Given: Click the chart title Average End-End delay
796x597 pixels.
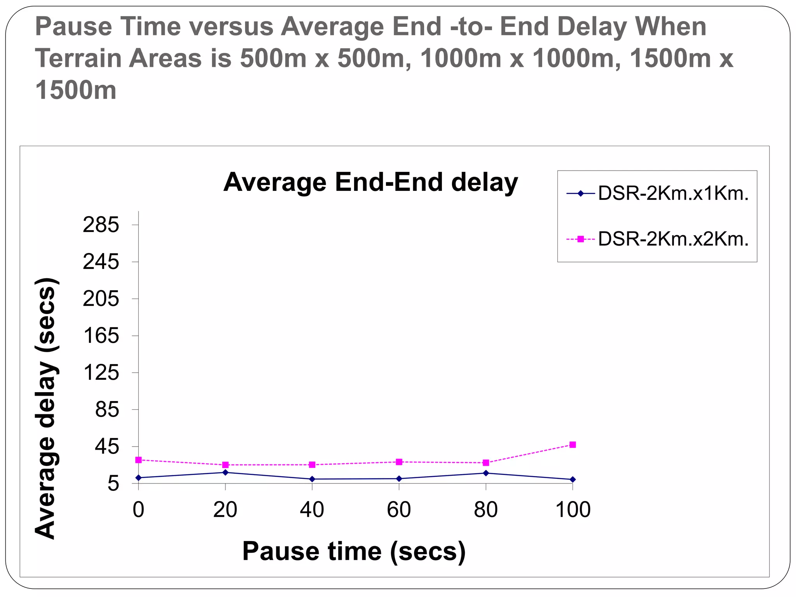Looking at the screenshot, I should pyautogui.click(x=370, y=182).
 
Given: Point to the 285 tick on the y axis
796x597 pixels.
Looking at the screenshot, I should pyautogui.click(x=101, y=225).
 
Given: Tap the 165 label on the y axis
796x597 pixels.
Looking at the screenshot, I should pyautogui.click(x=101, y=336).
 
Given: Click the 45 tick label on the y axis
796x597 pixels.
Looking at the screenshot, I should pyautogui.click(x=107, y=447).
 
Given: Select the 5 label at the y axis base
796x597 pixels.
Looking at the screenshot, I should pyautogui.click(x=113, y=484).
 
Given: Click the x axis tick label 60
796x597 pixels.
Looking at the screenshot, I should pyautogui.click(x=399, y=510).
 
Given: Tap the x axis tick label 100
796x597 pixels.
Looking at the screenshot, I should pyautogui.click(x=573, y=510).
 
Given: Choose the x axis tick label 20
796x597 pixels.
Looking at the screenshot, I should pyautogui.click(x=225, y=510).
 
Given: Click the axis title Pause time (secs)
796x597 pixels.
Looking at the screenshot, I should pyautogui.click(x=354, y=551).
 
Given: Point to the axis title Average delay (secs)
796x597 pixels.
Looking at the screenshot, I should pyautogui.click(x=46, y=408).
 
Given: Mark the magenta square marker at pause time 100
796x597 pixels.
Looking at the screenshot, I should pyautogui.click(x=573, y=445).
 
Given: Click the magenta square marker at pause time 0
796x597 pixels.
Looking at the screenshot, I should pyautogui.click(x=138, y=460).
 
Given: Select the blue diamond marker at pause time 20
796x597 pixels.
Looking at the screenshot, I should pyautogui.click(x=225, y=472).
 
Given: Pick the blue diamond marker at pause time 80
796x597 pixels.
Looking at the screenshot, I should pyautogui.click(x=485, y=473).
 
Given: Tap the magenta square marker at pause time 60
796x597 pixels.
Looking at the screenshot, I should pyautogui.click(x=399, y=462).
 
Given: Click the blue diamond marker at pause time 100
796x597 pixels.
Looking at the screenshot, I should pyautogui.click(x=573, y=480).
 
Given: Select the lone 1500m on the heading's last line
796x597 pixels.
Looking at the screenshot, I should pyautogui.click(x=76, y=90).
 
